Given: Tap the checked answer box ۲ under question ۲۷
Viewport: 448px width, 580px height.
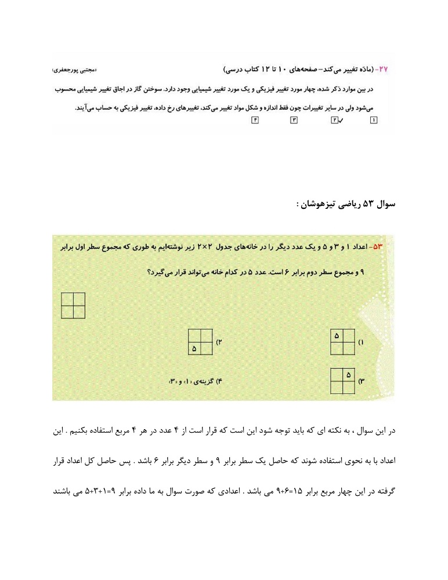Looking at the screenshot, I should pos(334,120).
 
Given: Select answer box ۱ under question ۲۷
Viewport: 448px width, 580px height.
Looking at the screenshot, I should pos(373,120).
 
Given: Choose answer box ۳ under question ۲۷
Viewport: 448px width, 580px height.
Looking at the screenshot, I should pos(294,120).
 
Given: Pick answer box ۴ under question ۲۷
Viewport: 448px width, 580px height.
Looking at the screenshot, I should pos(254,120).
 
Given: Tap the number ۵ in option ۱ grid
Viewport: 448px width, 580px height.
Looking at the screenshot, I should pos(337,336).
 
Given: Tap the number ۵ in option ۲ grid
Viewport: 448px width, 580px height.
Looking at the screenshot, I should pos(194,349).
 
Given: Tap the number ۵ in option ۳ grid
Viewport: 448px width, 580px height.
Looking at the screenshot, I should pos(349,375).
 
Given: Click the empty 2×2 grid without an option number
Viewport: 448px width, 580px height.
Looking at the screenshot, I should pos(73,306).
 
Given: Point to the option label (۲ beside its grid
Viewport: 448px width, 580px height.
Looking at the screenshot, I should pos(220,342).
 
